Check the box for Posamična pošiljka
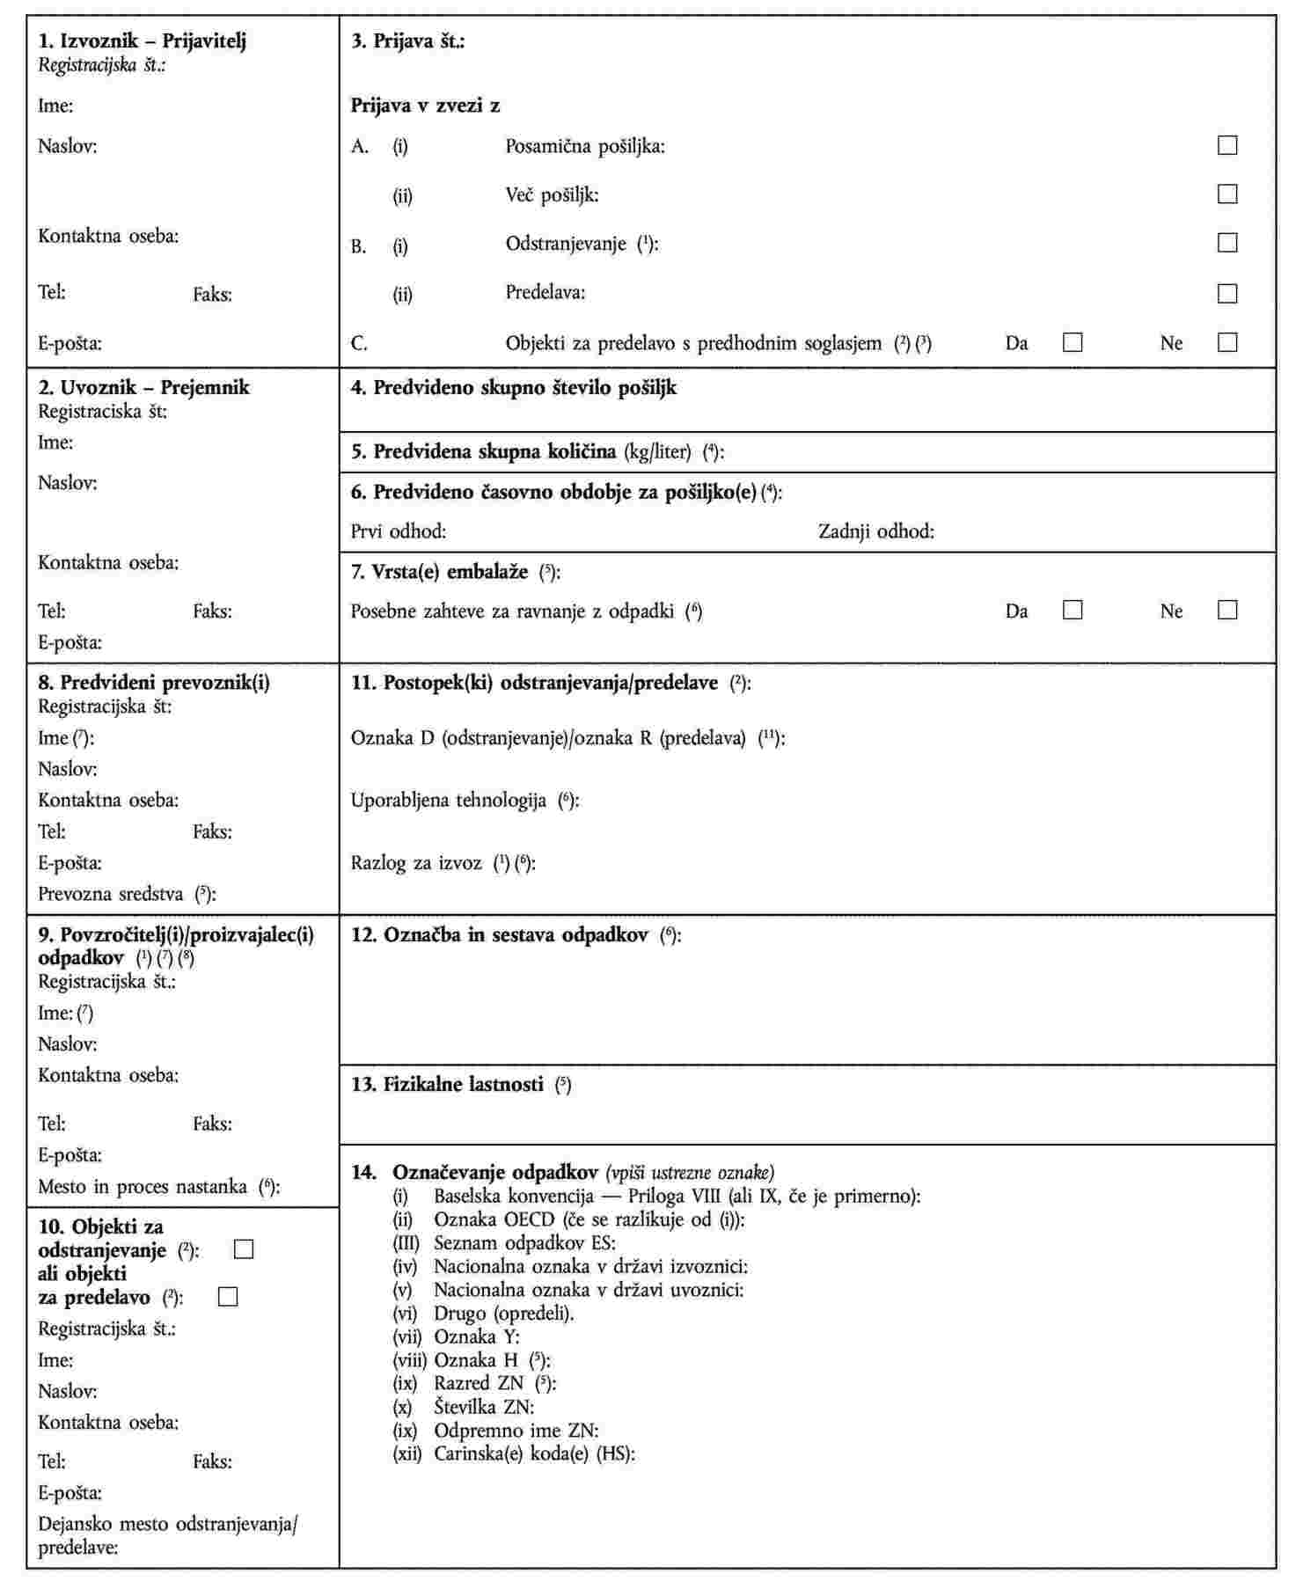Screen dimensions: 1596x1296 (x=1226, y=145)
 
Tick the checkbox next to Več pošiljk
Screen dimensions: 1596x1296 (x=1226, y=194)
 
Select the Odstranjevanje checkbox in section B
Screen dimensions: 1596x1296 (x=1226, y=243)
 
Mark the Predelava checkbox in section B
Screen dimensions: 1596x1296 (x=1226, y=293)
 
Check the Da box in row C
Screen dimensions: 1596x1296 (x=1073, y=342)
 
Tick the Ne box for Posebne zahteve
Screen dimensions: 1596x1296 (x=1226, y=610)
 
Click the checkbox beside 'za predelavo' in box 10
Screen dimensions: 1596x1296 (x=228, y=1297)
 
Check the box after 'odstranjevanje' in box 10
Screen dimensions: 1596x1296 (x=244, y=1249)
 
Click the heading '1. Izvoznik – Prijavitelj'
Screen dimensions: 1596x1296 (x=142, y=41)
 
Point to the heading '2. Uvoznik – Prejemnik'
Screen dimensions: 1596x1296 (x=143, y=388)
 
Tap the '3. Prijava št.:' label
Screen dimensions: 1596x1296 (x=408, y=41)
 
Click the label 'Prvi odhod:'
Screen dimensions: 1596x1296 (x=399, y=531)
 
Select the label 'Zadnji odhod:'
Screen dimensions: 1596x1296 (x=875, y=531)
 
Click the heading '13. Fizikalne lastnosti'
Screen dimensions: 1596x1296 (x=448, y=1085)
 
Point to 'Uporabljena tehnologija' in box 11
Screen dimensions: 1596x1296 (x=449, y=801)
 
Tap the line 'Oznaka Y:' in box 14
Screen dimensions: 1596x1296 (x=476, y=1337)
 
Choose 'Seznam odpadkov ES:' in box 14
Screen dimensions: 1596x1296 (x=524, y=1243)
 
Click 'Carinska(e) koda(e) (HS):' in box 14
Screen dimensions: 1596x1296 (x=534, y=1454)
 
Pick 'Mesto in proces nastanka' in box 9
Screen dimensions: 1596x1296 (x=143, y=1187)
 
